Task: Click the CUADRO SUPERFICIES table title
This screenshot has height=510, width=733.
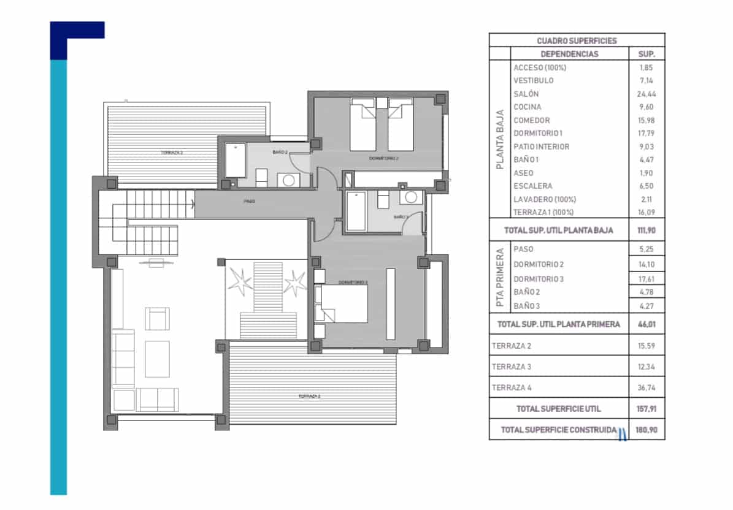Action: click(x=577, y=40)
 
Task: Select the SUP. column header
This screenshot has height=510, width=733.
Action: click(x=647, y=54)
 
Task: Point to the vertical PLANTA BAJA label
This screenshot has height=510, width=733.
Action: click(x=500, y=139)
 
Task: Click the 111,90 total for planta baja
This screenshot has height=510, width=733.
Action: click(x=647, y=230)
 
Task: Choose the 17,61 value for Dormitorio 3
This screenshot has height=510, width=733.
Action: click(x=647, y=279)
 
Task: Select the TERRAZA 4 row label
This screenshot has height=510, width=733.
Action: click(x=512, y=387)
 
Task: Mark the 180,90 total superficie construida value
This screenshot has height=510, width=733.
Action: click(x=647, y=430)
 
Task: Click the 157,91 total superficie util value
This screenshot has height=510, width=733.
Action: click(x=647, y=409)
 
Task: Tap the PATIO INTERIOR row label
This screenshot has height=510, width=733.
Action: click(x=541, y=147)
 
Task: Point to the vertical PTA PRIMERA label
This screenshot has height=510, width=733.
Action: click(x=500, y=277)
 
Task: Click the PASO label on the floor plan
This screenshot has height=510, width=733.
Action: click(x=249, y=201)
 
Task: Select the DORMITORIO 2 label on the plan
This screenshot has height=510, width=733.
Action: click(x=384, y=158)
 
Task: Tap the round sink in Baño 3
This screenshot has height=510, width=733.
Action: click(x=412, y=197)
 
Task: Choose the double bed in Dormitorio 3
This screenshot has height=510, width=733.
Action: click(x=342, y=303)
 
